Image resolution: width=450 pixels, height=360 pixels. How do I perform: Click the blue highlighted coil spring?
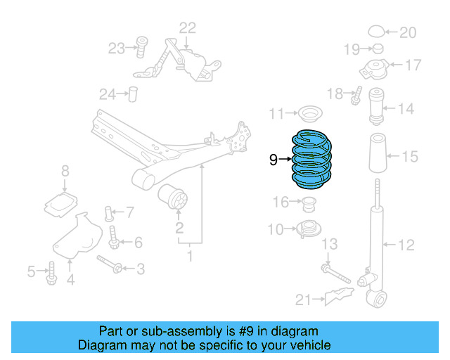pyautogui.click(x=309, y=160)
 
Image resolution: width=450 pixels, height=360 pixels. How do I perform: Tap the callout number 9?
pyautogui.click(x=274, y=160)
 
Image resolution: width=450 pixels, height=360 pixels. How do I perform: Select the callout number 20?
pyautogui.click(x=408, y=32)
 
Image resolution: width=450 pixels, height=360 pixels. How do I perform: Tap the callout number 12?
pyautogui.click(x=407, y=245)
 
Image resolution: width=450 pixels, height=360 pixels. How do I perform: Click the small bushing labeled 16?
pyautogui.click(x=308, y=205)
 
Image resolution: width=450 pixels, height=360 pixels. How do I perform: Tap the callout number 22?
pyautogui.click(x=188, y=28)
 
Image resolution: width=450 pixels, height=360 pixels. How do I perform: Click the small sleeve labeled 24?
pyautogui.click(x=132, y=94)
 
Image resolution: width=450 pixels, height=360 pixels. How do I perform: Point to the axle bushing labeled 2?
pyautogui.click(x=174, y=198)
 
